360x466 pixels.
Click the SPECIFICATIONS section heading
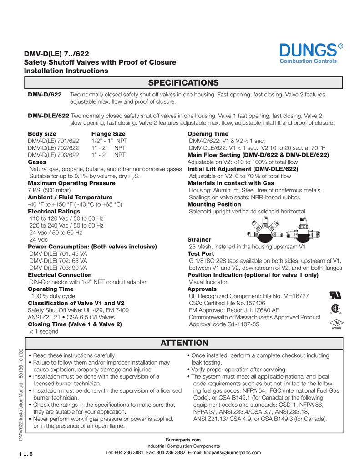(184, 82)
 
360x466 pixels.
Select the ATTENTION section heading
(184, 343)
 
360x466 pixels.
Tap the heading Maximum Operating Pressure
(71, 183)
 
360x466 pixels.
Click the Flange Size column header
(108, 134)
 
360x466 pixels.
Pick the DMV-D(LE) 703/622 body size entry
(53, 155)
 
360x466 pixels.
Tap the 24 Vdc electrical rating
(39, 239)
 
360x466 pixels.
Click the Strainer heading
(199, 239)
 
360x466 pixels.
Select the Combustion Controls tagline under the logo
(308, 61)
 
